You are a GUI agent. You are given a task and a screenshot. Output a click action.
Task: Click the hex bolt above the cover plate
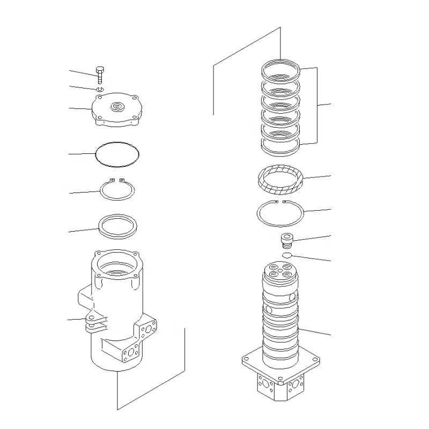pyautogui.click(x=100, y=75)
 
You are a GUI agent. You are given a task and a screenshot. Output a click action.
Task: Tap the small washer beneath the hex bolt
pyautogui.click(x=100, y=88)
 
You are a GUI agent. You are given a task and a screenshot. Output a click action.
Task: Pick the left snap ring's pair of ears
pyautogui.click(x=116, y=180)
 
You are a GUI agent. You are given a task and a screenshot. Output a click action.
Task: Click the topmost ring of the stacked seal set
pyautogui.click(x=281, y=69)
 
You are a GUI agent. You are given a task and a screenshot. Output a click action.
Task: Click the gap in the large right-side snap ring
pyautogui.click(x=280, y=202)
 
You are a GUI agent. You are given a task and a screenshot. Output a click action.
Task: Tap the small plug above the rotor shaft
pyautogui.click(x=289, y=239)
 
